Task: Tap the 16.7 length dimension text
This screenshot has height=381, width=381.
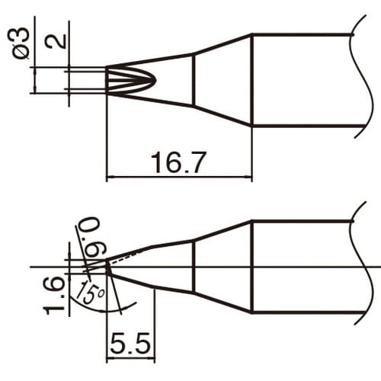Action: [x=178, y=162]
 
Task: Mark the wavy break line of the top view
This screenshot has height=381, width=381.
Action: [x=359, y=80]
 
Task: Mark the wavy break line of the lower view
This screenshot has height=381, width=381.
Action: [x=359, y=267]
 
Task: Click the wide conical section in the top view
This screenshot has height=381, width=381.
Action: [x=223, y=80]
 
